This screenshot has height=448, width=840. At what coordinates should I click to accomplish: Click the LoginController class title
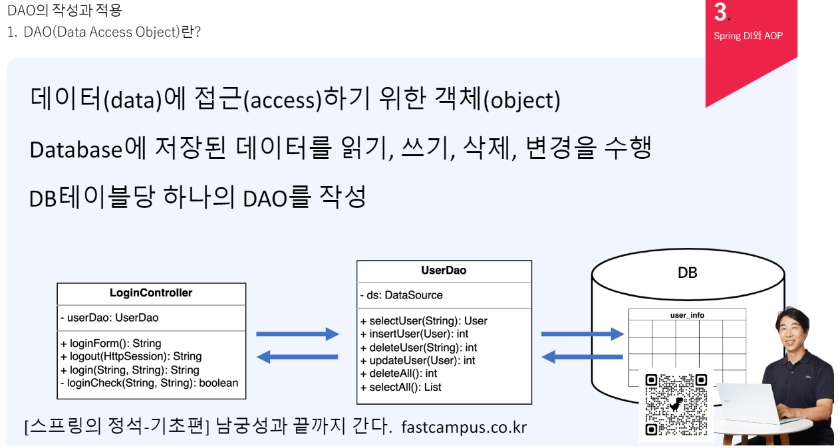point(151,292)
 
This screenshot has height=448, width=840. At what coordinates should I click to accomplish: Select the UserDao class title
point(444,271)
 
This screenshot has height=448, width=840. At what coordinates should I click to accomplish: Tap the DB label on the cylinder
point(688,273)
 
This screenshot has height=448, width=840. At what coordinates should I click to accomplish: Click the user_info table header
point(687,315)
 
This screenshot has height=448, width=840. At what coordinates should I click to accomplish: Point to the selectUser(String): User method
point(424,321)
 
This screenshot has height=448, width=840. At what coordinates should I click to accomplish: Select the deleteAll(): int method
point(398,374)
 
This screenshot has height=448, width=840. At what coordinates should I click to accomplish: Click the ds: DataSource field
point(401,295)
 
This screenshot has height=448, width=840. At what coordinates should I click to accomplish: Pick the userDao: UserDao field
point(110,318)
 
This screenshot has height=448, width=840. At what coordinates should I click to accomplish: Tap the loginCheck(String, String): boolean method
point(149,383)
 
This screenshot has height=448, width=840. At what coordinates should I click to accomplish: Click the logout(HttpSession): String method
point(131,356)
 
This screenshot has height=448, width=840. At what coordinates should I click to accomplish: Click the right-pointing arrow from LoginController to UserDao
point(298,334)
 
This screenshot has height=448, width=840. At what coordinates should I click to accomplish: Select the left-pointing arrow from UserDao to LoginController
point(297,357)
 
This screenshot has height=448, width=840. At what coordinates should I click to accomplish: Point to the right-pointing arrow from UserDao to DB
point(583,334)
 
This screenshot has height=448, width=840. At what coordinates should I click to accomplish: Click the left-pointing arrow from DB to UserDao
point(583,357)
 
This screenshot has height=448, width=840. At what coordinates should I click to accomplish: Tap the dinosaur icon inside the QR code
point(676,405)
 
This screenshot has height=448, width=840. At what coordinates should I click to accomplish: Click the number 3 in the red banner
point(720,12)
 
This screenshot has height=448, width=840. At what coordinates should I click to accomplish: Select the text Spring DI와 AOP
point(748,36)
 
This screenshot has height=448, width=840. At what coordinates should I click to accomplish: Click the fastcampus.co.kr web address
point(464,427)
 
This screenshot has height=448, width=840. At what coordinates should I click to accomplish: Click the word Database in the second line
point(76,150)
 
